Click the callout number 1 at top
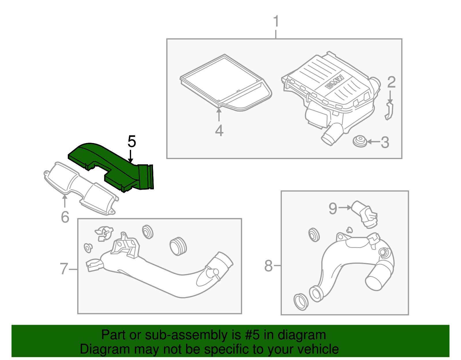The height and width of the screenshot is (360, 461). pyautogui.click(x=276, y=22)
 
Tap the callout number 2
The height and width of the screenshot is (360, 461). pyautogui.click(x=391, y=82)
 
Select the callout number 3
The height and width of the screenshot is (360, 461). pyautogui.click(x=385, y=142)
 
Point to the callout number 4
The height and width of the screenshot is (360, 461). pyautogui.click(x=219, y=131)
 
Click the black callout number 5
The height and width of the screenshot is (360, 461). pyautogui.click(x=132, y=142)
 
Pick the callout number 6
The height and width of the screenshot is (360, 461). pyautogui.click(x=65, y=217)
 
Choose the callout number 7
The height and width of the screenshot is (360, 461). pyautogui.click(x=64, y=269)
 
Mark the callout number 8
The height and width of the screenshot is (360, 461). pyautogui.click(x=268, y=266)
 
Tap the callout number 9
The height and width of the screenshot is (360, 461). pyautogui.click(x=333, y=208)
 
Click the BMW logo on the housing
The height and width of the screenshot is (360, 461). pyautogui.click(x=335, y=82)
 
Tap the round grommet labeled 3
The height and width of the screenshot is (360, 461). pyautogui.click(x=360, y=141)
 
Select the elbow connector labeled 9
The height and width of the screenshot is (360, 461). pyautogui.click(x=364, y=215)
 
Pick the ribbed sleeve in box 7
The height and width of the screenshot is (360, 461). pyautogui.click(x=178, y=246)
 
